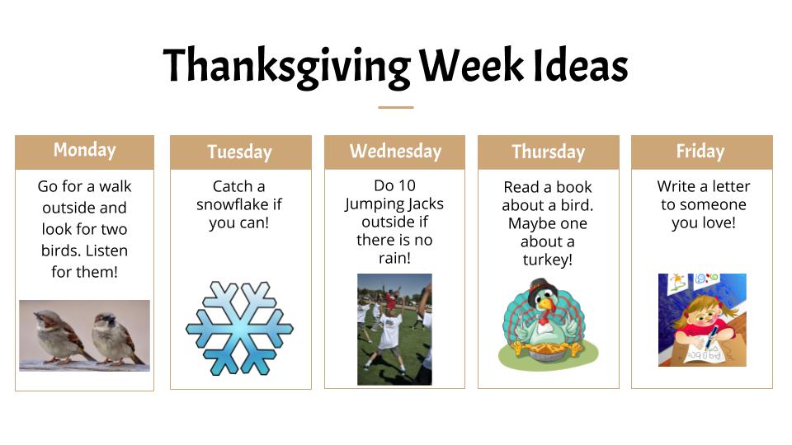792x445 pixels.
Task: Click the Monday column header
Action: click(x=84, y=150)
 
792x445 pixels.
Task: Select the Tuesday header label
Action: click(x=239, y=152)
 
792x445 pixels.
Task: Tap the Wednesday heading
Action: click(x=395, y=152)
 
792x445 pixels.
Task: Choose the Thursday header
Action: click(x=549, y=152)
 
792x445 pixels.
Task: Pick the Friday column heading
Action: click(x=700, y=151)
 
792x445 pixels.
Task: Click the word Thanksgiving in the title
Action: click(x=287, y=67)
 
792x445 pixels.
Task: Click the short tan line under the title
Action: click(x=396, y=107)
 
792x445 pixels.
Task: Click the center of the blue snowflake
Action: click(x=239, y=329)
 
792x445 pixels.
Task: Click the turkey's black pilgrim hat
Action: click(x=540, y=288)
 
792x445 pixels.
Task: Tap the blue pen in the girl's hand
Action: click(x=710, y=339)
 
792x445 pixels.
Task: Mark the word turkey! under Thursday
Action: click(x=548, y=260)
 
